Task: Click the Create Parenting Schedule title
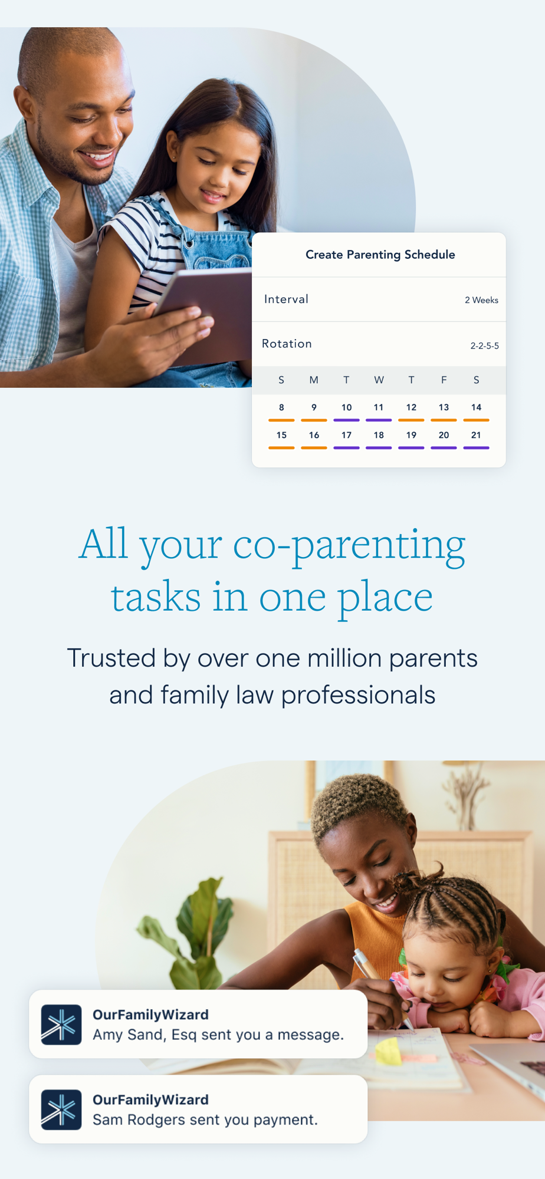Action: (x=380, y=255)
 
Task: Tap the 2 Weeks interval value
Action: (x=481, y=300)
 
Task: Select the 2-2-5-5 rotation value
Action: (x=484, y=345)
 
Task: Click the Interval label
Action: (x=286, y=299)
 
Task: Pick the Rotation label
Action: (x=287, y=344)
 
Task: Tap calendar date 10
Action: (x=346, y=407)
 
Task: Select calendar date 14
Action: (x=476, y=407)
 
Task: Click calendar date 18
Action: (x=379, y=435)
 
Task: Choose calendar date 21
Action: (x=476, y=435)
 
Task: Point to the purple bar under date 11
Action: (x=379, y=420)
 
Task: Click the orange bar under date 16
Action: (x=314, y=448)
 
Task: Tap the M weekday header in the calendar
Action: (x=314, y=380)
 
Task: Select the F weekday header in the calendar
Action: (x=444, y=380)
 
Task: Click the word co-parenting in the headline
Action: (x=349, y=546)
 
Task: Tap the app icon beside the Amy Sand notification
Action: (x=61, y=1025)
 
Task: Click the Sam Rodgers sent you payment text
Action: (x=205, y=1119)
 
